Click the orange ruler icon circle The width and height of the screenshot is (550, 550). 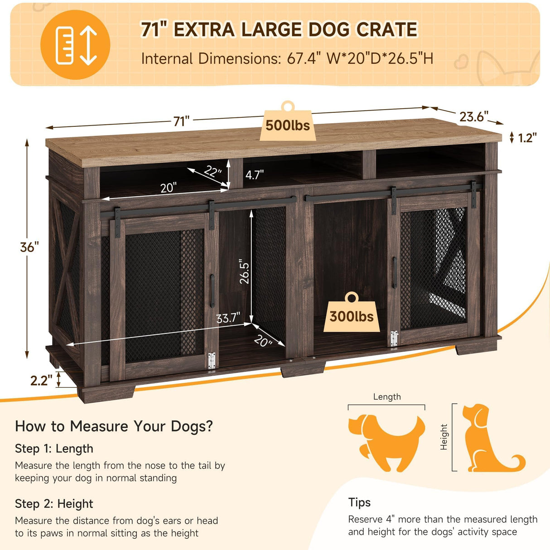point(75,45)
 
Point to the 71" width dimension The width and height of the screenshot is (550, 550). point(181,121)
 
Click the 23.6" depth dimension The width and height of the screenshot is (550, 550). point(473,117)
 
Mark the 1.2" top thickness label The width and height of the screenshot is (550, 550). point(527,138)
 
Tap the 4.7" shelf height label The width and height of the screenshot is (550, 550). point(255,174)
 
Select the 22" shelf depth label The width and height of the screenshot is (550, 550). point(212,172)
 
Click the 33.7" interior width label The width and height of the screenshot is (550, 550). point(228,318)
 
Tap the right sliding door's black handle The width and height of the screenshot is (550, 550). point(395,272)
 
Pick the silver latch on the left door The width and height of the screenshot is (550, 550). point(211,361)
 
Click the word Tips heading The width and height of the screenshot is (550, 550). point(359,502)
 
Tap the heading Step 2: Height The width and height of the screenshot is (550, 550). point(54,504)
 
